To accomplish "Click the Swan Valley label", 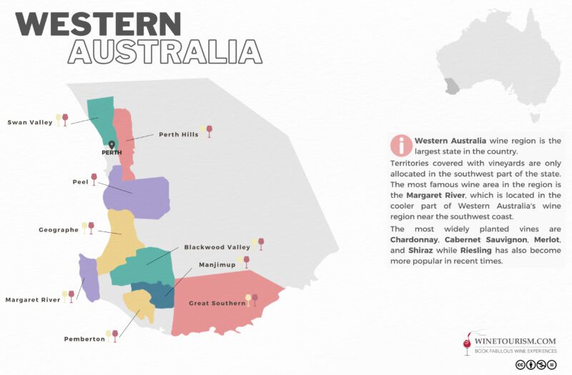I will click(30, 122).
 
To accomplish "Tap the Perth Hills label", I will click(178, 134).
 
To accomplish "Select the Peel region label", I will click(80, 181).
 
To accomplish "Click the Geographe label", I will click(58, 230).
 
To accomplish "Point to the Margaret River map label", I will click(33, 300).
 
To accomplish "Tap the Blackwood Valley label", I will click(217, 247).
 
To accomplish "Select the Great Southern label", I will click(217, 304).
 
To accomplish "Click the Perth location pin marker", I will click(111, 146).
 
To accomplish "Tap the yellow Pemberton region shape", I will click(139, 309).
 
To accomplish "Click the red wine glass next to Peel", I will click(94, 179).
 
